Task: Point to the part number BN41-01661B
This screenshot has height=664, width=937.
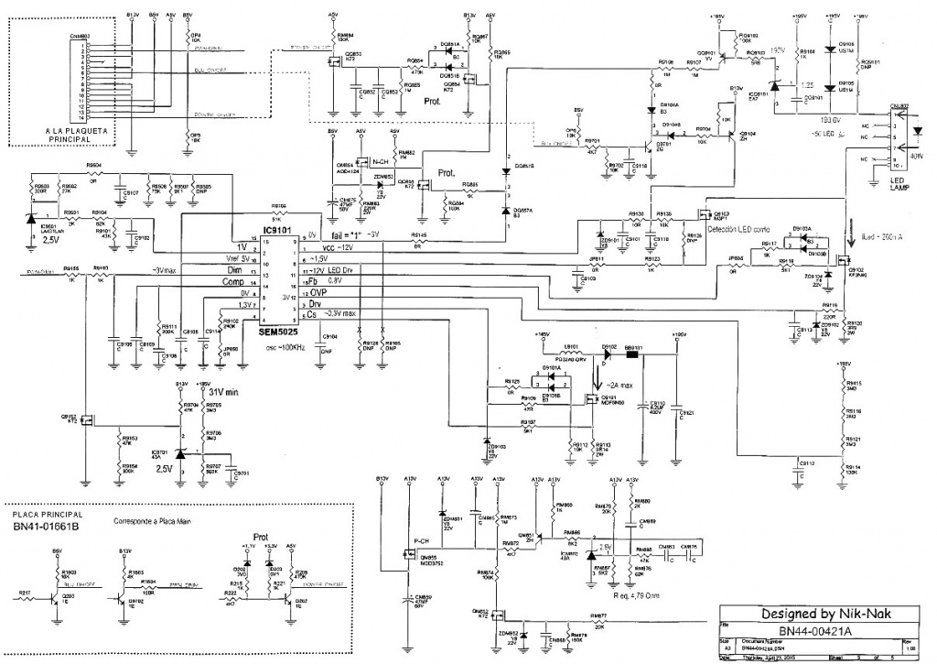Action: (x=48, y=528)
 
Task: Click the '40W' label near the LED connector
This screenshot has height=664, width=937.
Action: (x=918, y=156)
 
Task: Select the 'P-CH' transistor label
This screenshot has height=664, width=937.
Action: (x=423, y=540)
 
